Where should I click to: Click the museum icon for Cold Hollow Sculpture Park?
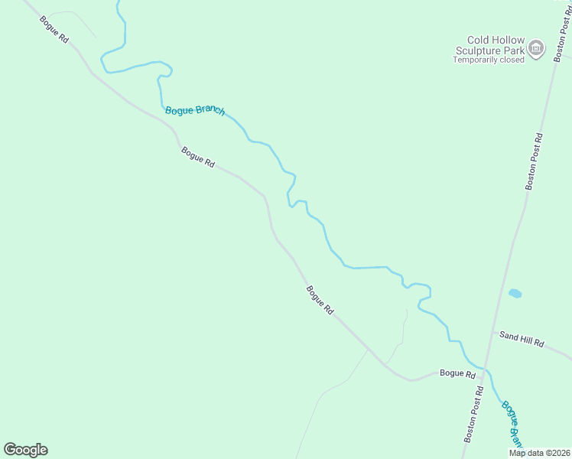(537, 50)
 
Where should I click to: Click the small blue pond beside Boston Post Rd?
(515, 293)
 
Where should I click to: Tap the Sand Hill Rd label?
(522, 340)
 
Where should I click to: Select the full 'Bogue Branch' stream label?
(195, 111)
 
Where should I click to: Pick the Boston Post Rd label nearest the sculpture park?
(534, 161)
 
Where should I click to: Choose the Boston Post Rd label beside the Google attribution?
(473, 414)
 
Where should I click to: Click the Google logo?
(25, 450)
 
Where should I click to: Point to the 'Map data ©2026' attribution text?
(539, 453)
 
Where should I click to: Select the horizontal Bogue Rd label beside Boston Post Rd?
(457, 374)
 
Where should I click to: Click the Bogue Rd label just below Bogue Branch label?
(198, 158)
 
